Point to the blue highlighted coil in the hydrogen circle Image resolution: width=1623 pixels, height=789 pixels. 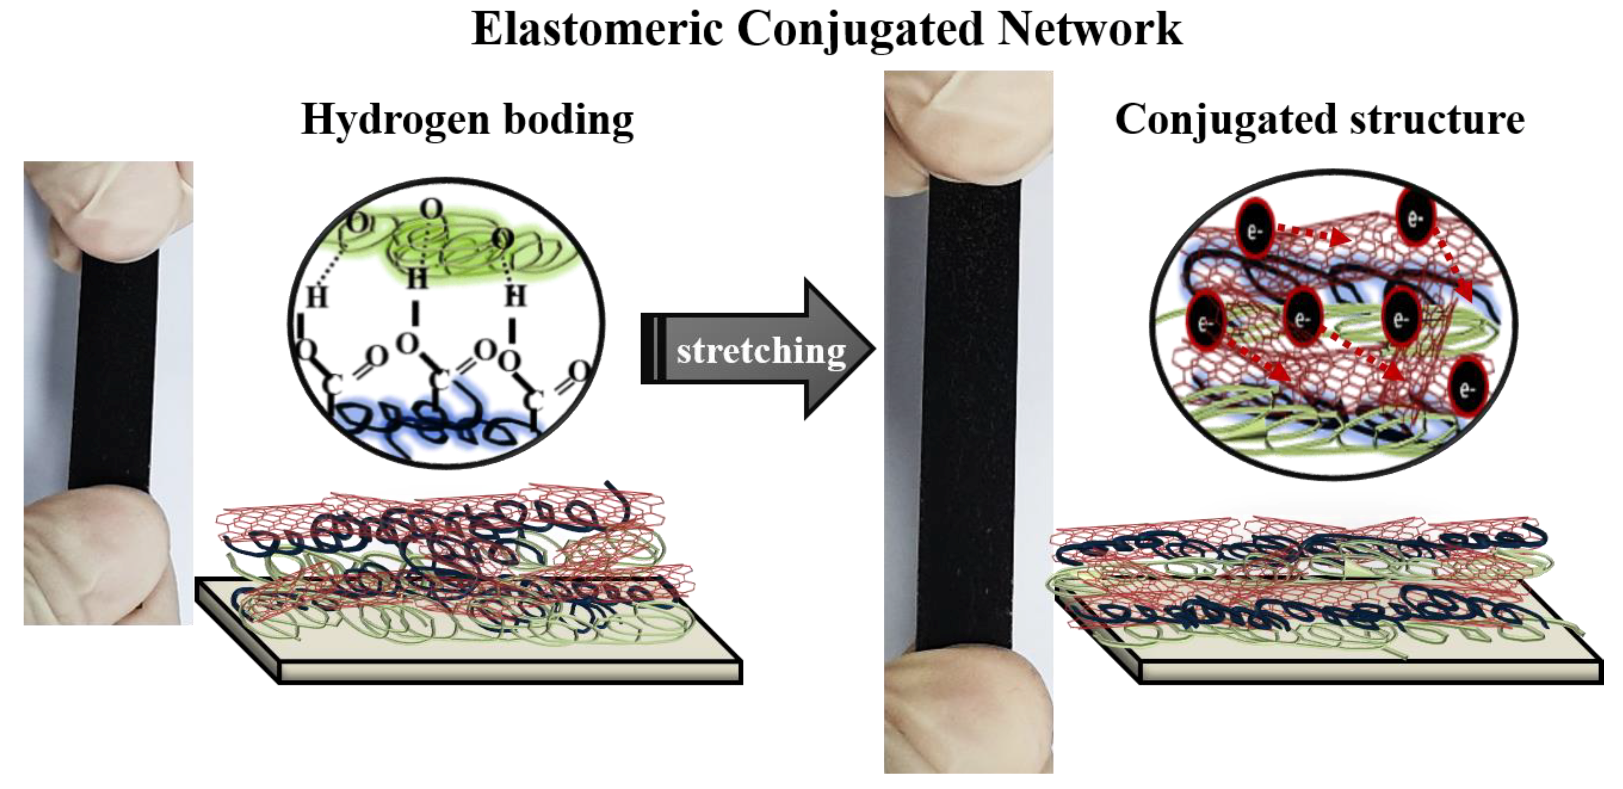click(x=416, y=422)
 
